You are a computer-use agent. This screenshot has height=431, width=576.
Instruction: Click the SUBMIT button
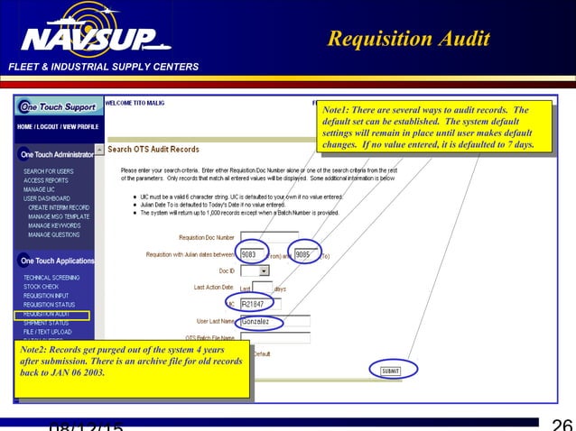click(390, 370)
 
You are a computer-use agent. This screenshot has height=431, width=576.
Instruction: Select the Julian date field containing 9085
click(303, 254)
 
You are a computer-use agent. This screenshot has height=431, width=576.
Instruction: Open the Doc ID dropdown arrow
click(265, 270)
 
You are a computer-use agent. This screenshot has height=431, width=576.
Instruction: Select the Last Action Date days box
click(262, 288)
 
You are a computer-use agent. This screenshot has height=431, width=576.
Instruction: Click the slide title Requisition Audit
click(408, 39)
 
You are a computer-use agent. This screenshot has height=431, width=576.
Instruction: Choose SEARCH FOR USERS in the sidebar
click(49, 171)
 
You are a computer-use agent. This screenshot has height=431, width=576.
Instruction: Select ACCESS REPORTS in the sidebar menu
click(45, 180)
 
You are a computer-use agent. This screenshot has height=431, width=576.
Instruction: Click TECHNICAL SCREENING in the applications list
click(51, 278)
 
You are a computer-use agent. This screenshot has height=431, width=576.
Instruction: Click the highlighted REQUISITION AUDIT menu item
click(50, 314)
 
